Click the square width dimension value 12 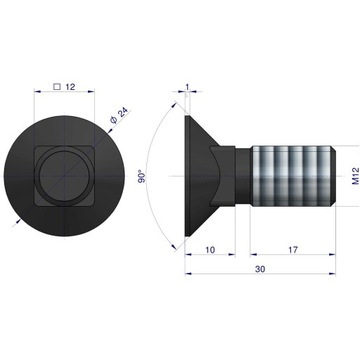(x=71, y=87)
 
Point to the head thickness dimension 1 (x=187, y=87)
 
